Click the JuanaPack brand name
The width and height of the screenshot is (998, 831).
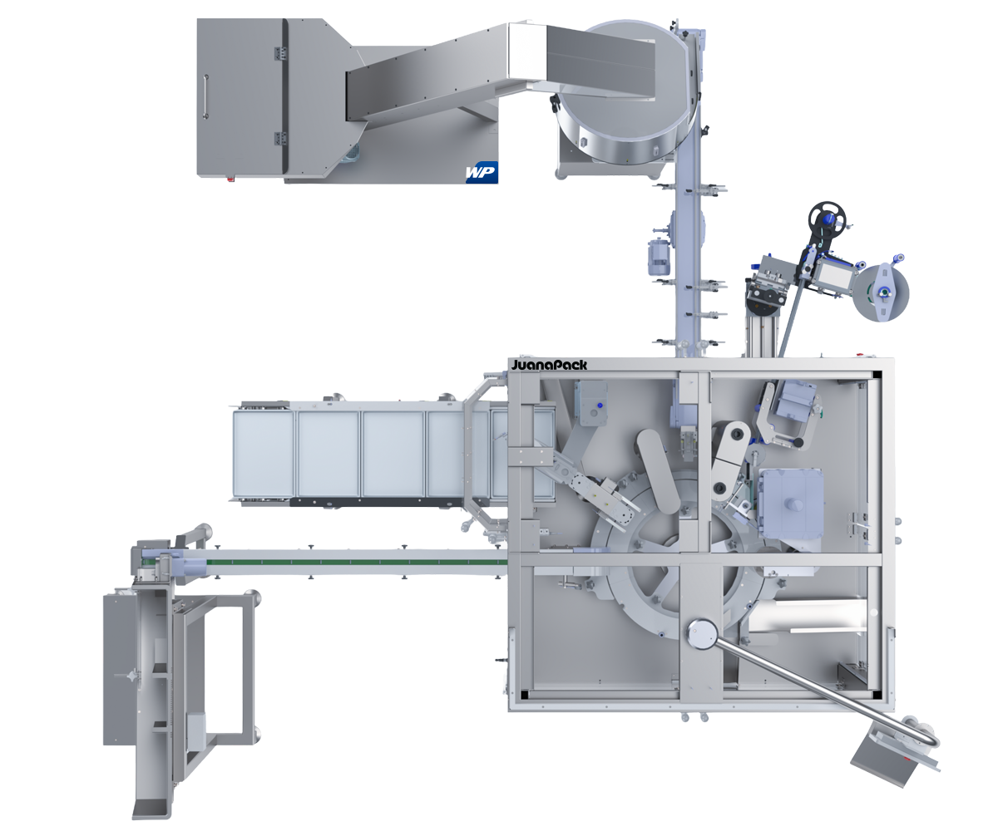click(550, 365)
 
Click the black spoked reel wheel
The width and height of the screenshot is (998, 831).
click(828, 219)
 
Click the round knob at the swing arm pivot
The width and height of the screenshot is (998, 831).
click(701, 635)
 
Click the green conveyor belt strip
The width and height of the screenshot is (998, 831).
click(358, 562)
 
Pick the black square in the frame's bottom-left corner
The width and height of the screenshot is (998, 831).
click(524, 695)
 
